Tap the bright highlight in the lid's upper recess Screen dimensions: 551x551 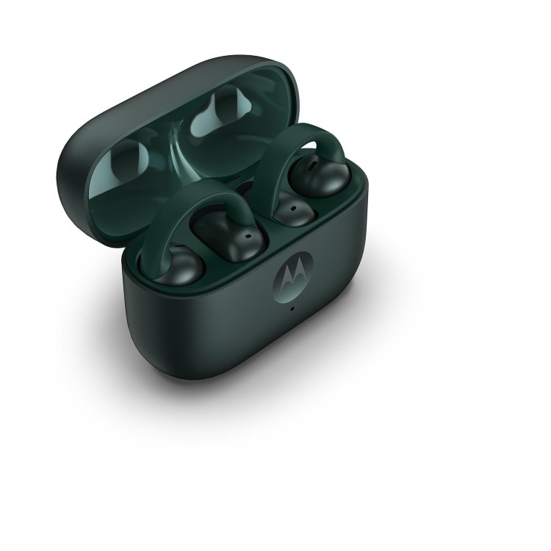(x=220, y=118)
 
